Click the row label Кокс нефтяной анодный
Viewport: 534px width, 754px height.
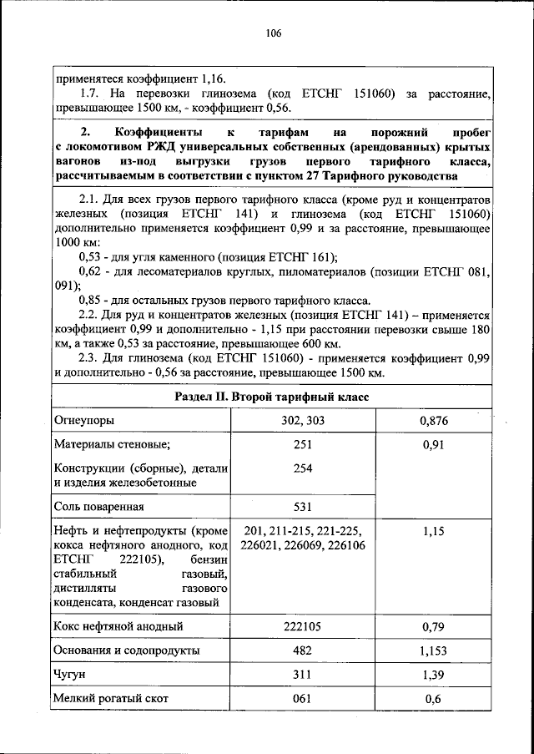[118, 625]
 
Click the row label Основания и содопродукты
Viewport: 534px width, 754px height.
[124, 650]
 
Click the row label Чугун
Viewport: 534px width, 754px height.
[70, 674]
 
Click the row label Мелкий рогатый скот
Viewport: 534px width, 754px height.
[110, 699]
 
